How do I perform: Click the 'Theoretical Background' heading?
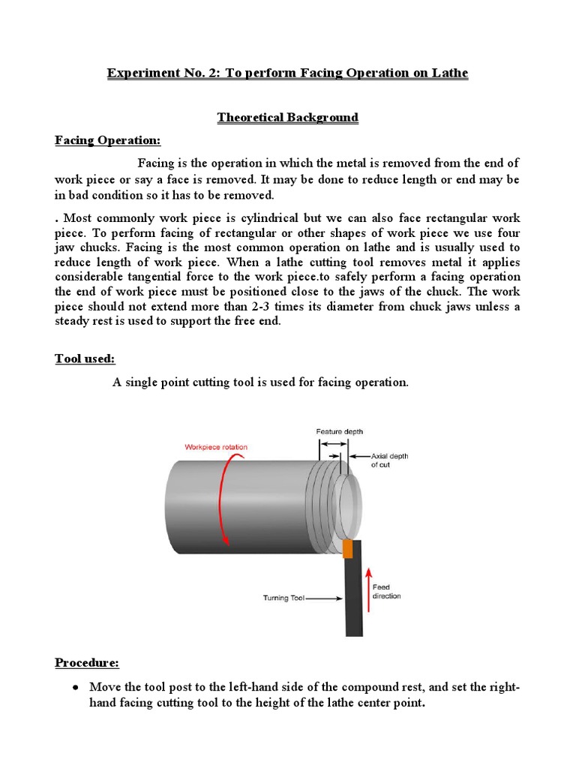pos(287,118)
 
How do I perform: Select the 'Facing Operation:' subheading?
pos(107,141)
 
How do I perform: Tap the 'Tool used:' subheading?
pos(85,358)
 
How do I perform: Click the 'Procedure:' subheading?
pos(86,663)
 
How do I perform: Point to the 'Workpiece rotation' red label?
pos(216,447)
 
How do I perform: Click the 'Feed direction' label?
pos(386,592)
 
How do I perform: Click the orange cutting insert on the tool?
pos(347,549)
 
